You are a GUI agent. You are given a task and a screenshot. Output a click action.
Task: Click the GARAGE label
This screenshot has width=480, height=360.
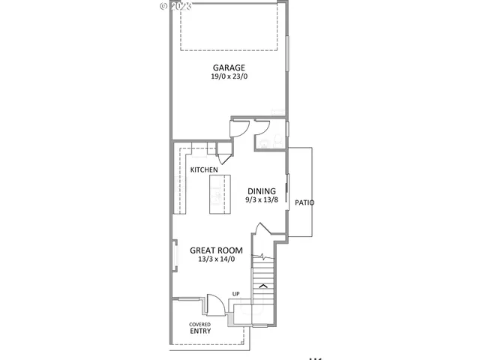click(x=228, y=67)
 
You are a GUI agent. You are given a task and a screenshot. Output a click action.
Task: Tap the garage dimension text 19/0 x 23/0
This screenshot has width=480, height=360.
click(x=228, y=76)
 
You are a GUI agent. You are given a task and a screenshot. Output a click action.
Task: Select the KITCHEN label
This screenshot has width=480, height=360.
click(x=204, y=170)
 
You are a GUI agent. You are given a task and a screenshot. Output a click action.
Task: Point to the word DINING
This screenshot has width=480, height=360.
click(x=262, y=190)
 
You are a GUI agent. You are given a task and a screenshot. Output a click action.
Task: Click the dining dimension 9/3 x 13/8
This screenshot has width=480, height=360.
click(x=262, y=200)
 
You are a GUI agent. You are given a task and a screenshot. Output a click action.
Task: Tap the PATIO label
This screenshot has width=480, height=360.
click(x=304, y=203)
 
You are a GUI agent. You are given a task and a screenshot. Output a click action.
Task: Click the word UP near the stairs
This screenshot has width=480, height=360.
click(x=235, y=293)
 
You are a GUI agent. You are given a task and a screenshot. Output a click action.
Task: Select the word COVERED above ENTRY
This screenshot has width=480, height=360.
click(x=199, y=324)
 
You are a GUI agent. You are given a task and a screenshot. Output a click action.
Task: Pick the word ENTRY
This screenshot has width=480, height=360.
click(x=200, y=331)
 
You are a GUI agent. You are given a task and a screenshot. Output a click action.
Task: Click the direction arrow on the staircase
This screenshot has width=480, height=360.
click(x=262, y=285)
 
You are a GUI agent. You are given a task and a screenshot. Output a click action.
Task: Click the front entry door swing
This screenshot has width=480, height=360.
click(x=215, y=304)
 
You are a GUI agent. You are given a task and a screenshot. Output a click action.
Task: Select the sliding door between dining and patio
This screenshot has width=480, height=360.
click(x=288, y=195)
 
